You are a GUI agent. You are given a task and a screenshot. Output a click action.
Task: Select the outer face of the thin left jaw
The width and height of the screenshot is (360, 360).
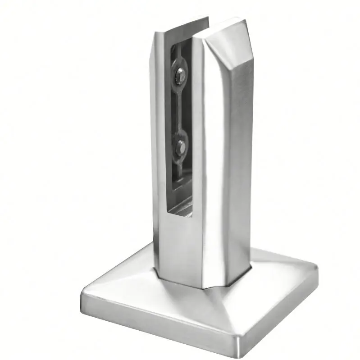158,135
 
